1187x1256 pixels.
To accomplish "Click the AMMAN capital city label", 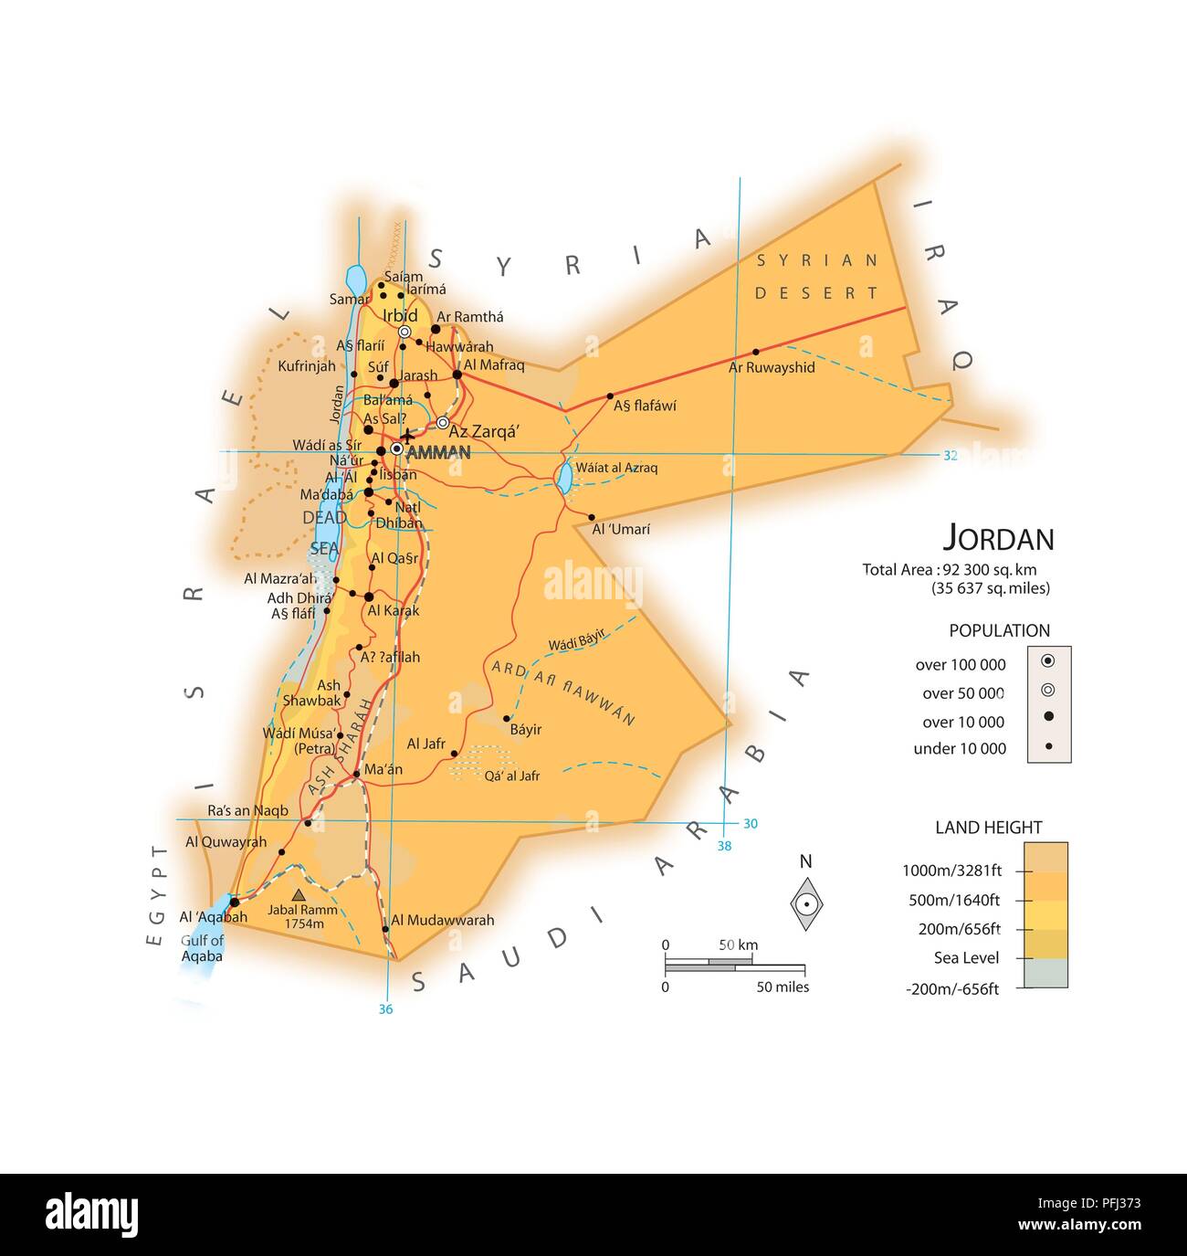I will coord(438,453).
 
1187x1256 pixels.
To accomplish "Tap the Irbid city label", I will coord(400,315).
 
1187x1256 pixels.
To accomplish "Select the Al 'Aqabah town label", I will coord(213,917).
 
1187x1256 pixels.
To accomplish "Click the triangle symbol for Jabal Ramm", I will coord(299,895).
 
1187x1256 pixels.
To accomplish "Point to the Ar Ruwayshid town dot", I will coord(755,352).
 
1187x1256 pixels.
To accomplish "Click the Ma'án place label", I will coord(383,769).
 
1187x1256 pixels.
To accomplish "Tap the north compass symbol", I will coord(806,902).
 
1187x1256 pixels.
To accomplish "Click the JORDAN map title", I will coord(998,538).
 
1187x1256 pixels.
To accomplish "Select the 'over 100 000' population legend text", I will coord(960,665).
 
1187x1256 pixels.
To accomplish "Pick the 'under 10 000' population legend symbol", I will coord(1048,747).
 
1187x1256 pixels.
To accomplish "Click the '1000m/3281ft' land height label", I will coord(951,871).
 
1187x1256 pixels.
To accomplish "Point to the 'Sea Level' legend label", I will coord(966,957).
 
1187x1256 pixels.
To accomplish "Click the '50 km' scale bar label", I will coord(738,945).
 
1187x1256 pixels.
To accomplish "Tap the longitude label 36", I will coord(385,1008).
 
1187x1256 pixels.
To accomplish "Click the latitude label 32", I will coord(950,455).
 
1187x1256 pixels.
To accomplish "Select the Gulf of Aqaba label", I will coord(202,948).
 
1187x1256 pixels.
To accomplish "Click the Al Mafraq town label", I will coord(494,364).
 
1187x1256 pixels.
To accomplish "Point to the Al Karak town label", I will coord(394,610).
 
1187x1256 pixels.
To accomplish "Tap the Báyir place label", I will coord(525,729).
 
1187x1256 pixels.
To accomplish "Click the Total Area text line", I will coord(949,569).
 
